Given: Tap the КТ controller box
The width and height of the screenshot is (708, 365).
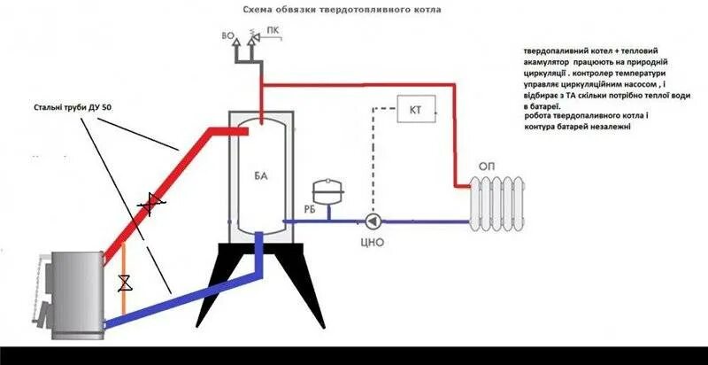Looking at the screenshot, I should [x=415, y=109].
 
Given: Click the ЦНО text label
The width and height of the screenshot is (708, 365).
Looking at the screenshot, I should [x=373, y=242].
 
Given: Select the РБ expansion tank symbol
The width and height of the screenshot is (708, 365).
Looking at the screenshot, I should [x=323, y=190].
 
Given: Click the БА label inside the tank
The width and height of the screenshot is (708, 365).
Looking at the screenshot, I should [x=260, y=177].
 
